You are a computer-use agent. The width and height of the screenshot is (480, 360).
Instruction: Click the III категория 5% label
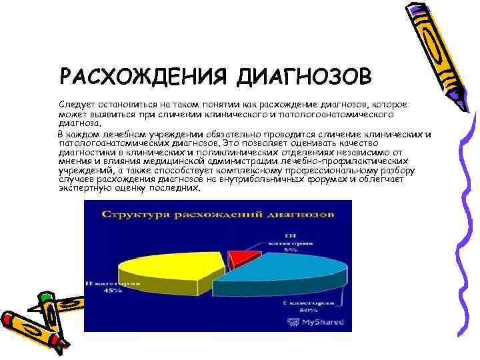click(288, 244)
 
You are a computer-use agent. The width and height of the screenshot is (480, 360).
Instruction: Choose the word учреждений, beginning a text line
click(83, 170)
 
